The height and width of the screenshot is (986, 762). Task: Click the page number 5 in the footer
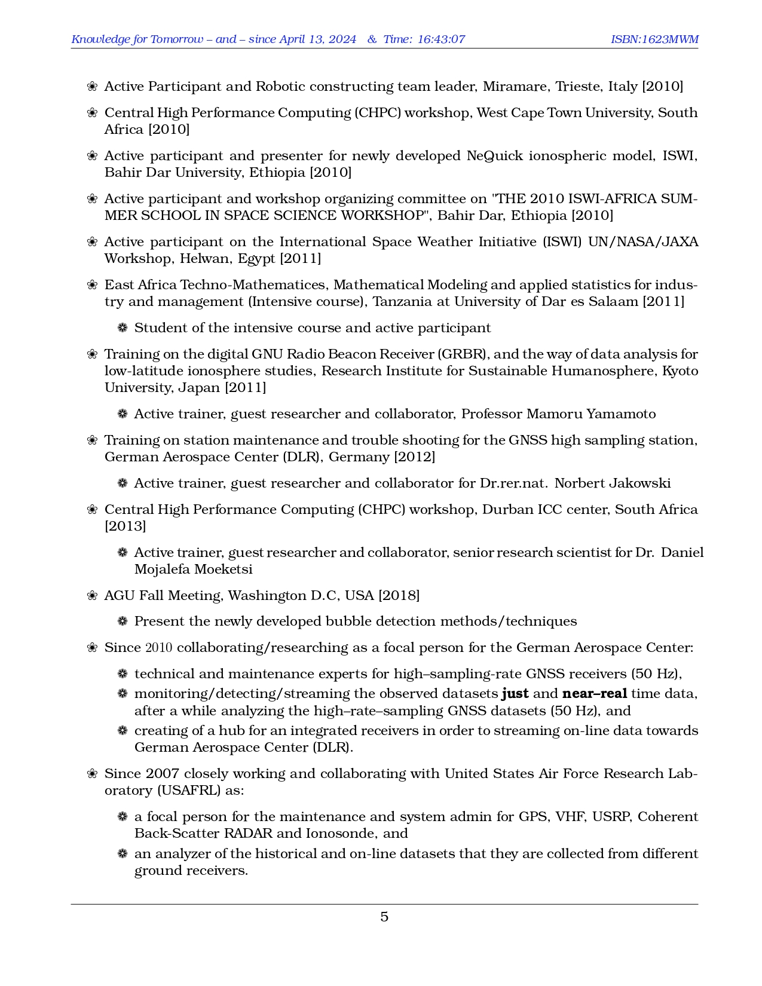[x=384, y=917]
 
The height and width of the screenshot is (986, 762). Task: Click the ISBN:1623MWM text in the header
[x=654, y=39]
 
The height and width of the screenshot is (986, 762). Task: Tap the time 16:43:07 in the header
[x=441, y=39]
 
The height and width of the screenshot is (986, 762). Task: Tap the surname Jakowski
[x=640, y=483]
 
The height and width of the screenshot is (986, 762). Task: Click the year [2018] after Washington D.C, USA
[x=400, y=596]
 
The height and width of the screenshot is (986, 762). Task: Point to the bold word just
[x=515, y=694]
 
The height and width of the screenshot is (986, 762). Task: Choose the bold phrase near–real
[x=595, y=694]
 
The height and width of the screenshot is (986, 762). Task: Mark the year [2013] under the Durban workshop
[x=126, y=526]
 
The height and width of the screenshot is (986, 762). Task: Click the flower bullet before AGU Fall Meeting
[x=92, y=596]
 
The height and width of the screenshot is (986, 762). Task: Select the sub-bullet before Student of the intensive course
[x=123, y=328]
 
